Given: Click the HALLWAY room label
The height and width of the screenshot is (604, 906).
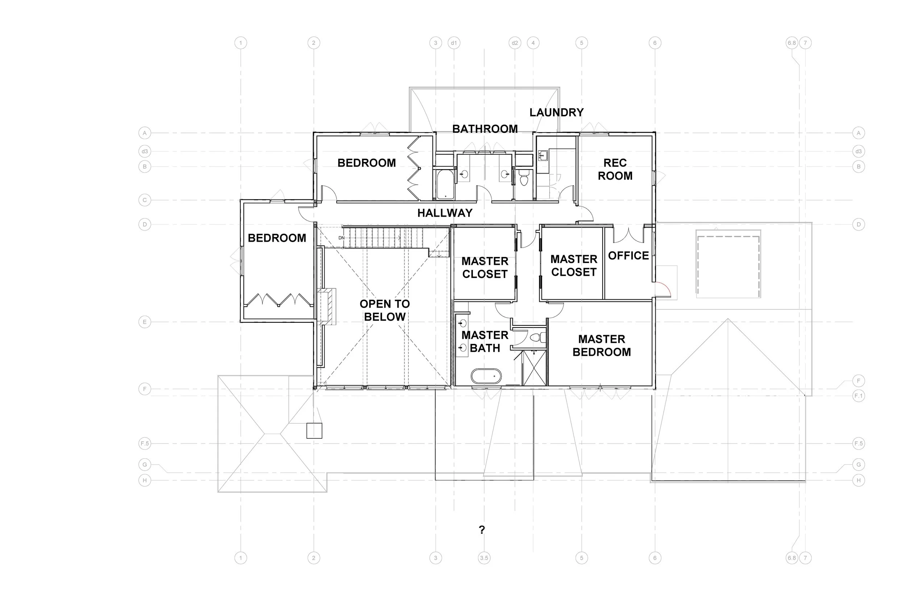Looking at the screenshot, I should (445, 213).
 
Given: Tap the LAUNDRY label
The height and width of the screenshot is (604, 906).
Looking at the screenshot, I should (556, 112).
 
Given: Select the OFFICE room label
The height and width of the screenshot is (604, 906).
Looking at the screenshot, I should (628, 255).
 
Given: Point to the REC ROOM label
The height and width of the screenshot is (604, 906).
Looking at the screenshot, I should (615, 170).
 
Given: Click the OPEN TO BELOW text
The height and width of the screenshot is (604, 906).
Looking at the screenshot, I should (385, 311).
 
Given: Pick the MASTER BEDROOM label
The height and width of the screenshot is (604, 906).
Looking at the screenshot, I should (601, 346).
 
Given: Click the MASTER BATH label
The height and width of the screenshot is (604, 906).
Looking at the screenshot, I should (485, 342).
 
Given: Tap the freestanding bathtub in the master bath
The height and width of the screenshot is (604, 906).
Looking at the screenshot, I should (486, 376).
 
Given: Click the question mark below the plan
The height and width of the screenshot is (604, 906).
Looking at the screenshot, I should (482, 530).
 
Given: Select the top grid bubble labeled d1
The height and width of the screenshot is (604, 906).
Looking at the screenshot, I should (454, 43).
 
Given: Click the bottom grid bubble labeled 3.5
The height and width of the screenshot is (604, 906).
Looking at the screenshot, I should (484, 558).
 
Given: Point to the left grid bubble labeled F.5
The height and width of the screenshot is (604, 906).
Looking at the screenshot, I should (145, 443).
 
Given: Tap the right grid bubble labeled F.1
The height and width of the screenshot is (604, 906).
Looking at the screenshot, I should (858, 396).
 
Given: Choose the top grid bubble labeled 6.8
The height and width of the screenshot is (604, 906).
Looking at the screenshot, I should (791, 43).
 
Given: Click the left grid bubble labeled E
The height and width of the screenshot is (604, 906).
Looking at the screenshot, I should (145, 322).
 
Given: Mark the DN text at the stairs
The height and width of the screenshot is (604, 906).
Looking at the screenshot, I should (341, 238).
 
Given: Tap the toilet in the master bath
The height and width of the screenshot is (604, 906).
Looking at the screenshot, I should (536, 338).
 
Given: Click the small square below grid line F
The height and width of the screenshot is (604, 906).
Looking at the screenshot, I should (314, 431).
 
